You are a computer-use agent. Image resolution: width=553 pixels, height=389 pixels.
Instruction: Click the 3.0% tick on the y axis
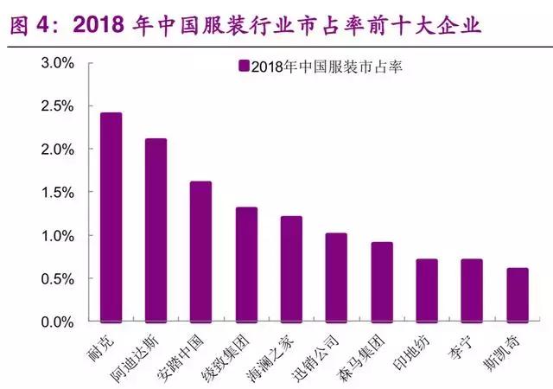pos(60,63)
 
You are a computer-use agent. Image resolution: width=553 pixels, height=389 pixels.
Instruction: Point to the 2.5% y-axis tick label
pos(60,106)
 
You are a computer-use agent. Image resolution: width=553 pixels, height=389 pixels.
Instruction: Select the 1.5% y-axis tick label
pos(60,193)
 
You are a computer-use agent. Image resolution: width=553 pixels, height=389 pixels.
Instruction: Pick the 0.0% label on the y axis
pos(60,322)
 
